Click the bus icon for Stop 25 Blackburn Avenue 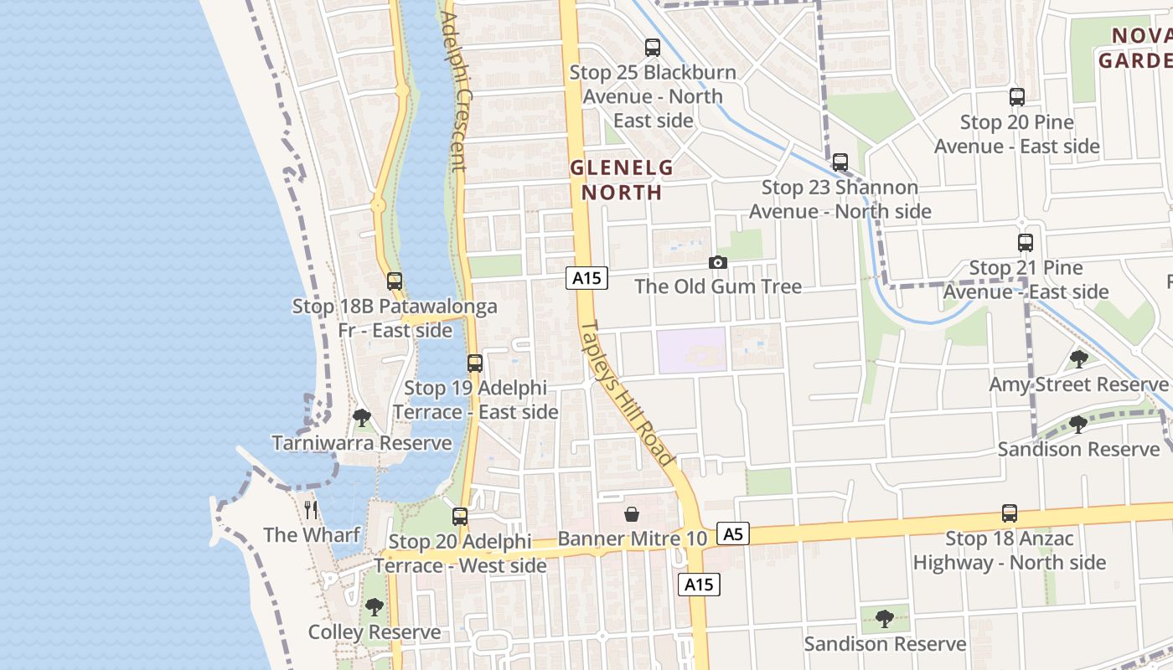coord(653,48)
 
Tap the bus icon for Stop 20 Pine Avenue coord(1016,97)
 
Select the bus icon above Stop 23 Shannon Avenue coord(840,162)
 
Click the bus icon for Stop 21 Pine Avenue coord(1026,243)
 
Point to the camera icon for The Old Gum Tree coord(717,262)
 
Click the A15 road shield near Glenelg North coord(586,278)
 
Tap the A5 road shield coord(733,533)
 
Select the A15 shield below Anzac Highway coord(699,585)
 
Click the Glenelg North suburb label coord(622,179)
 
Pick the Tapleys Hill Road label coord(627,394)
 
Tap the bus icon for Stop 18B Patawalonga coord(395,281)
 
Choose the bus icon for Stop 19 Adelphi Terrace coord(475,363)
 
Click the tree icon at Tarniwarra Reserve coord(362,417)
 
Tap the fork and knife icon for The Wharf coord(311,509)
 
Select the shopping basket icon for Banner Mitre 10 coord(632,513)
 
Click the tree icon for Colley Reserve coord(375,606)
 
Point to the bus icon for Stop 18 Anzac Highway coord(1010,513)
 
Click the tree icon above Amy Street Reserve coord(1079,359)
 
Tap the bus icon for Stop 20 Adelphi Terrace coord(460,517)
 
